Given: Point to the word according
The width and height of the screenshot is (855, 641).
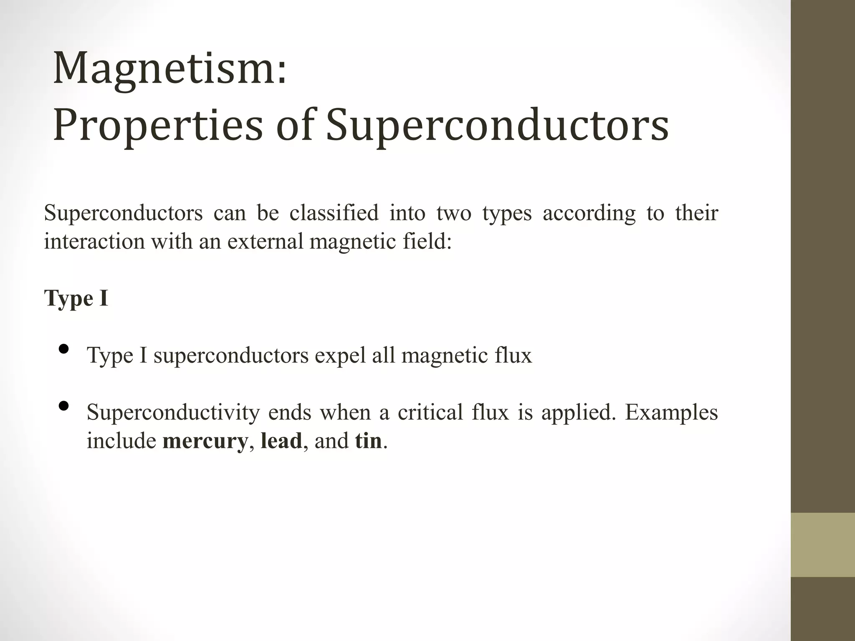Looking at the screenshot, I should coord(589,214).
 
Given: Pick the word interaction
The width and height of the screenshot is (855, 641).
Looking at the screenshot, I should coord(94,241).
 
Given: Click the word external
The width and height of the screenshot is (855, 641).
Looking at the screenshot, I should coord(265,241).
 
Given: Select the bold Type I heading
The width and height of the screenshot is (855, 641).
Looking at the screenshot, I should coord(76,299).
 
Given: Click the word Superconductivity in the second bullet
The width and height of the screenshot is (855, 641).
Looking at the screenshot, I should coord(173,413).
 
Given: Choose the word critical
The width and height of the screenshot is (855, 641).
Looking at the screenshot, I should coord(430,412).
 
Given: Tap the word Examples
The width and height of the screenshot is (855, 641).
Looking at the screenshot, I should coord(671,412).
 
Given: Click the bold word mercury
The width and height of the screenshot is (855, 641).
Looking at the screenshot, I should coord(205,441).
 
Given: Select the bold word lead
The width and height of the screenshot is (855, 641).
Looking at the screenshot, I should coord(281,441).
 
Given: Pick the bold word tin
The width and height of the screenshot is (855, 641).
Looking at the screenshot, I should coord(368,441).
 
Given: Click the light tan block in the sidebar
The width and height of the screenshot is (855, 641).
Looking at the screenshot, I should coord(823,545).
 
